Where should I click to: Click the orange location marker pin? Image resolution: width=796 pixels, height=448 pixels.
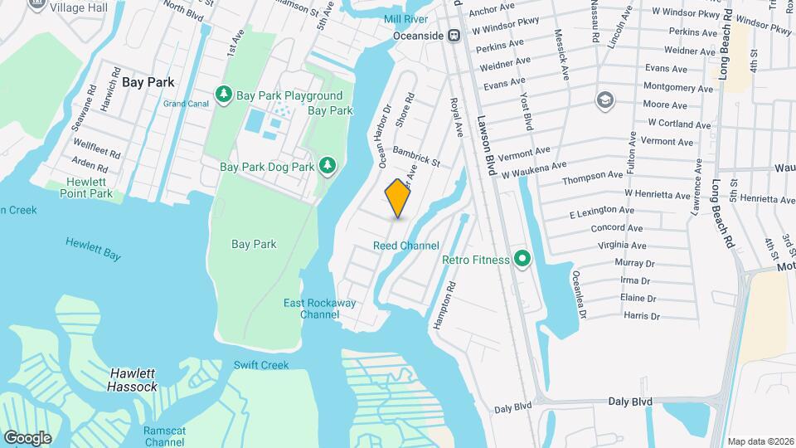[398, 198]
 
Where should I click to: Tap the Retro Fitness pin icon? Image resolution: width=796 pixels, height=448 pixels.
[522, 260]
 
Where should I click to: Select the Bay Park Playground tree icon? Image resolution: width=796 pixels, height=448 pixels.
[223, 96]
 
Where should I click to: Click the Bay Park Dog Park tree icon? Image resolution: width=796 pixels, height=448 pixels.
[328, 166]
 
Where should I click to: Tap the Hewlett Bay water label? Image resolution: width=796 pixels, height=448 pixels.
[94, 249]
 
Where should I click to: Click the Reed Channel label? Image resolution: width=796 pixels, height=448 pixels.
[405, 246]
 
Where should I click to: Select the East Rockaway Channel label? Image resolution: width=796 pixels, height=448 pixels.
[319, 309]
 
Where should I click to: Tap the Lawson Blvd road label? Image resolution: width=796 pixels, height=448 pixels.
[485, 144]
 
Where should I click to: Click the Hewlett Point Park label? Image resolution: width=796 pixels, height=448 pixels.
[85, 187]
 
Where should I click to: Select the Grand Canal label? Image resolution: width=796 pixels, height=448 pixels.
[186, 104]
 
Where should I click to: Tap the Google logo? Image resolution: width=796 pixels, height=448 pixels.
[27, 437]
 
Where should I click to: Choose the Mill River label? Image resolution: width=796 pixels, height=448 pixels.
[405, 18]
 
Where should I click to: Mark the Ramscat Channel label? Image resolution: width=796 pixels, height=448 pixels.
[163, 436]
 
